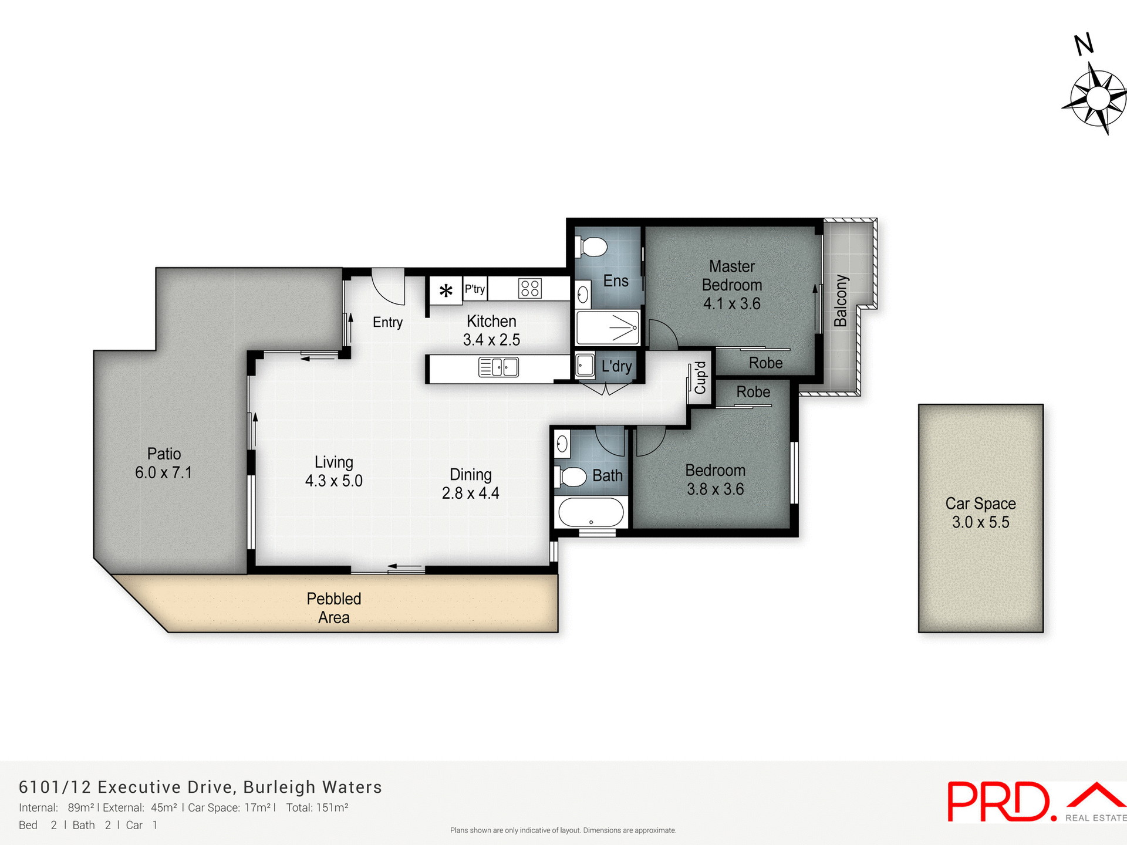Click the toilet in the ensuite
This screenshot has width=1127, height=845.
tap(592, 247)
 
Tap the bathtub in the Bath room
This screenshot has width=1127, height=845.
tap(591, 512)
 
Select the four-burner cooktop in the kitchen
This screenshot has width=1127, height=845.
tap(529, 288)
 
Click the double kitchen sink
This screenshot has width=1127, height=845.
tap(498, 367)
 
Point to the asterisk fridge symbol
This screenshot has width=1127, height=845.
tap(446, 290)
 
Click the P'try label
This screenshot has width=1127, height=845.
tap(475, 289)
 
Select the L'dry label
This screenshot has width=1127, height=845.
tap(616, 367)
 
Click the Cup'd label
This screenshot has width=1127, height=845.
tap(700, 378)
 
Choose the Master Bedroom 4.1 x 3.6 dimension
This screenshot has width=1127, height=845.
tap(731, 303)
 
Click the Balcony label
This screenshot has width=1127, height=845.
tap(841, 300)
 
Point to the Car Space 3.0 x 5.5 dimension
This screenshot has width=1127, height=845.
tap(980, 522)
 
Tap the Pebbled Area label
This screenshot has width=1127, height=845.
tap(334, 607)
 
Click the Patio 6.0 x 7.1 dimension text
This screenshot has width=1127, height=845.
tap(163, 472)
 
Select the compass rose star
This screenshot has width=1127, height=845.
tap(1095, 99)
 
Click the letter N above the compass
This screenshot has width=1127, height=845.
tap(1084, 45)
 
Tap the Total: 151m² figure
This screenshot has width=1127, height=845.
tap(317, 807)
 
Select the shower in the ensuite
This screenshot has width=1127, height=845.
tap(608, 328)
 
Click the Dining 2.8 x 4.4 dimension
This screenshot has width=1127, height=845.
tap(470, 493)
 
